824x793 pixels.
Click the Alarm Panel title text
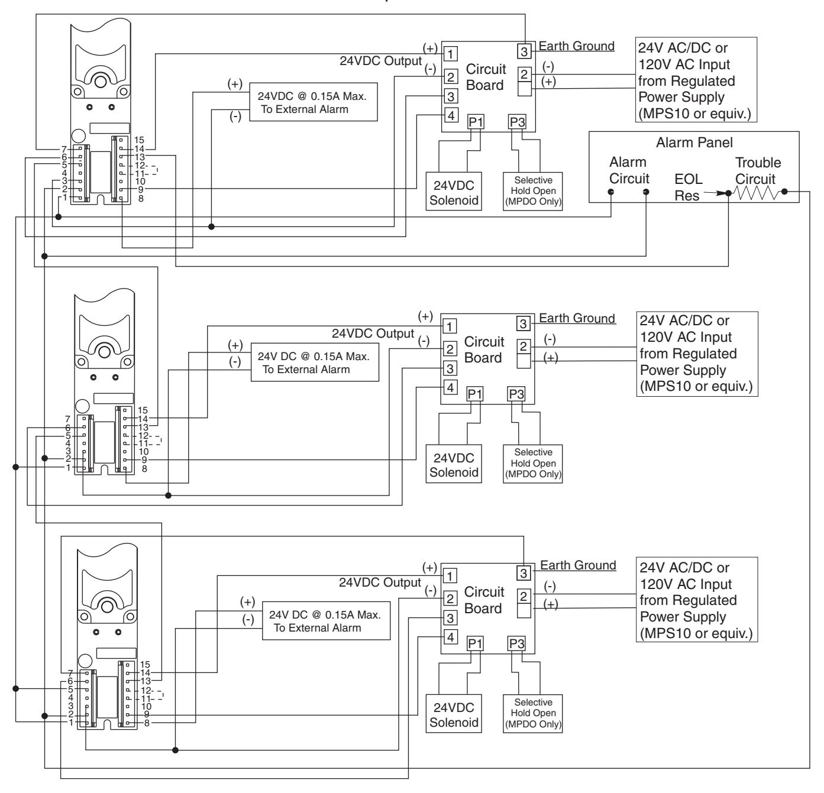[x=694, y=143]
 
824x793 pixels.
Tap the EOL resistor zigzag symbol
[x=756, y=193]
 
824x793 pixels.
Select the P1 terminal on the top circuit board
[x=476, y=122]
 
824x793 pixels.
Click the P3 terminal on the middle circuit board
[x=516, y=394]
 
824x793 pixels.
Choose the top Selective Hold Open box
[x=533, y=191]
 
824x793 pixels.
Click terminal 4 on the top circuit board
[x=451, y=115]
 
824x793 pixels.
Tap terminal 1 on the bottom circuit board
[x=450, y=576]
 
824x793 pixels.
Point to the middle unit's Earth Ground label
[x=577, y=318]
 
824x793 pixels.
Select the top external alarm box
[x=314, y=102]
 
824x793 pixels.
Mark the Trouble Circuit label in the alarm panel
[x=758, y=171]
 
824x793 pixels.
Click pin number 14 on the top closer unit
[x=140, y=148]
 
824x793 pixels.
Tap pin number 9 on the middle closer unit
[x=144, y=460]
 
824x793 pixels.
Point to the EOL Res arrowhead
[x=720, y=193]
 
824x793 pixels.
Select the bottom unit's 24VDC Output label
[x=380, y=582]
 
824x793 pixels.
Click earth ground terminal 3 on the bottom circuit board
[x=524, y=573]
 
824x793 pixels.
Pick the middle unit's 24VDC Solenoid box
[x=454, y=464]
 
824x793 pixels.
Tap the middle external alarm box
[x=315, y=362]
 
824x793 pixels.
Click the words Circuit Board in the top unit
[x=486, y=77]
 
